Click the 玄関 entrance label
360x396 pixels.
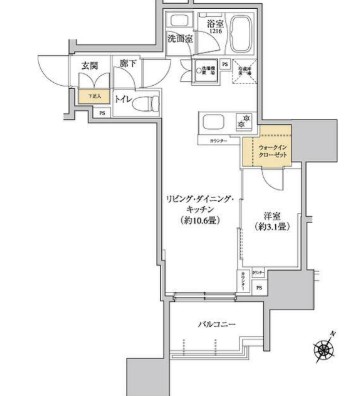point(89,66)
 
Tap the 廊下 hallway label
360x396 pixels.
point(129,64)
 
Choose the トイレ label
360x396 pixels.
point(123,101)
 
